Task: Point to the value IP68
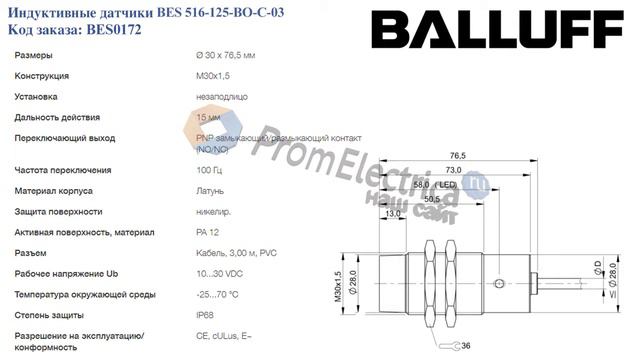(206, 315)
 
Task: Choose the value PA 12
(208, 232)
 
